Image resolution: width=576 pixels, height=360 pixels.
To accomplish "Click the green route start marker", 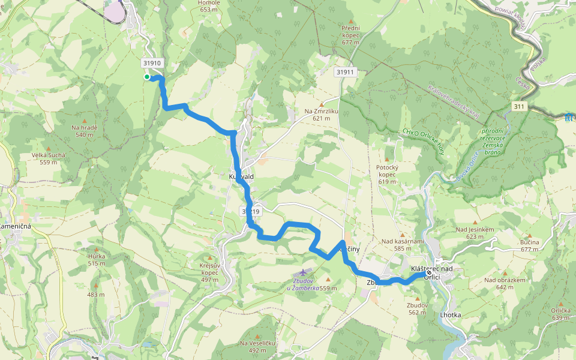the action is tap(146, 77).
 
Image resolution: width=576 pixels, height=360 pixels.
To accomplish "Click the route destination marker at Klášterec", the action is tap(429, 272).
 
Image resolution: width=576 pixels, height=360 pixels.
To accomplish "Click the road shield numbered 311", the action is tap(520, 106).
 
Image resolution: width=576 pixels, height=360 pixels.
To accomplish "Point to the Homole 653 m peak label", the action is tap(209, 6).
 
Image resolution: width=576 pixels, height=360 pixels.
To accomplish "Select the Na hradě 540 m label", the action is tap(84, 131).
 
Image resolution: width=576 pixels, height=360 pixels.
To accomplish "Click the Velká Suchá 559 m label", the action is tap(48, 158).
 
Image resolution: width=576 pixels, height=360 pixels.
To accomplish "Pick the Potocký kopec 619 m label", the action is tap(388, 173).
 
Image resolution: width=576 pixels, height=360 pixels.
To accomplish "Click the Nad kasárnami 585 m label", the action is tap(403, 245).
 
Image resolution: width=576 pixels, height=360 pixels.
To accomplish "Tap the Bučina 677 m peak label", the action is tap(530, 245).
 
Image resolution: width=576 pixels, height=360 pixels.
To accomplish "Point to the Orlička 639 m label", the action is tap(560, 314).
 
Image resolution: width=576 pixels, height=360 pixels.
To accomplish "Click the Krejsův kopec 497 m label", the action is tap(209, 272).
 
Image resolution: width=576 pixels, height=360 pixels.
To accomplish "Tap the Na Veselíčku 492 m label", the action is tap(257, 346).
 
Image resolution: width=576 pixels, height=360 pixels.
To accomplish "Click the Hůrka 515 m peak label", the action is tap(97, 259).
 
